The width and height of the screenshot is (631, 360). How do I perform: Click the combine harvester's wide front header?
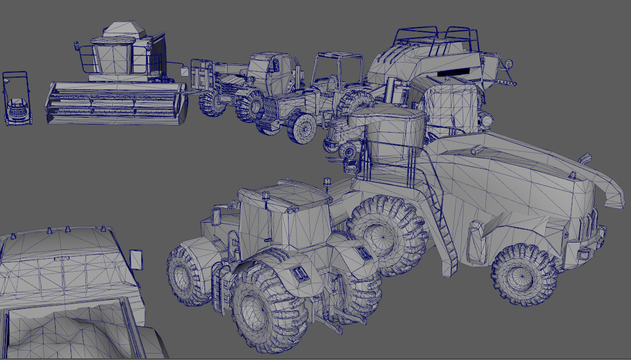click(116, 102)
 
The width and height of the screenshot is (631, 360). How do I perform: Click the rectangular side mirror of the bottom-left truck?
click(136, 259)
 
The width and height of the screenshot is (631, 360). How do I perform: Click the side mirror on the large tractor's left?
click(216, 216)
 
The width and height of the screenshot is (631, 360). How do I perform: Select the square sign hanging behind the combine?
click(184, 71)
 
